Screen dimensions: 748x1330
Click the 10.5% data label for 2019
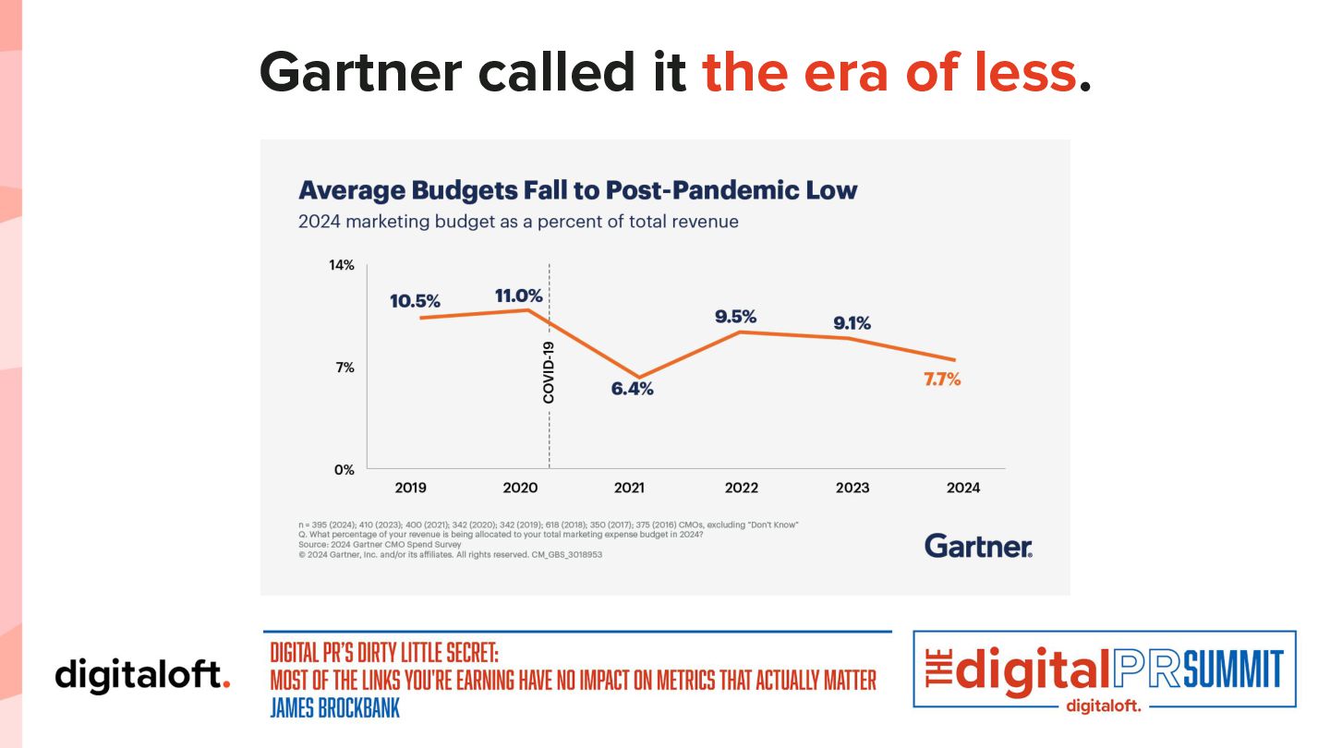[415, 301]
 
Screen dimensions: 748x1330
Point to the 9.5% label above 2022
[735, 317]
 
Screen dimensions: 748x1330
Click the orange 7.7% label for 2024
[942, 379]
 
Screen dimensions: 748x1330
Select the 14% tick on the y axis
[342, 266]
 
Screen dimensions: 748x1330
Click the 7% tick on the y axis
[344, 368]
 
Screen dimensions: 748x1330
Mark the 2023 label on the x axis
[851, 488]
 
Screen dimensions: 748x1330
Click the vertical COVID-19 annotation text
[549, 372]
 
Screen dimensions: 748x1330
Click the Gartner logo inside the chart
[978, 546]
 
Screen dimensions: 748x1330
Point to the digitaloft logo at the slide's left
[142, 674]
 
